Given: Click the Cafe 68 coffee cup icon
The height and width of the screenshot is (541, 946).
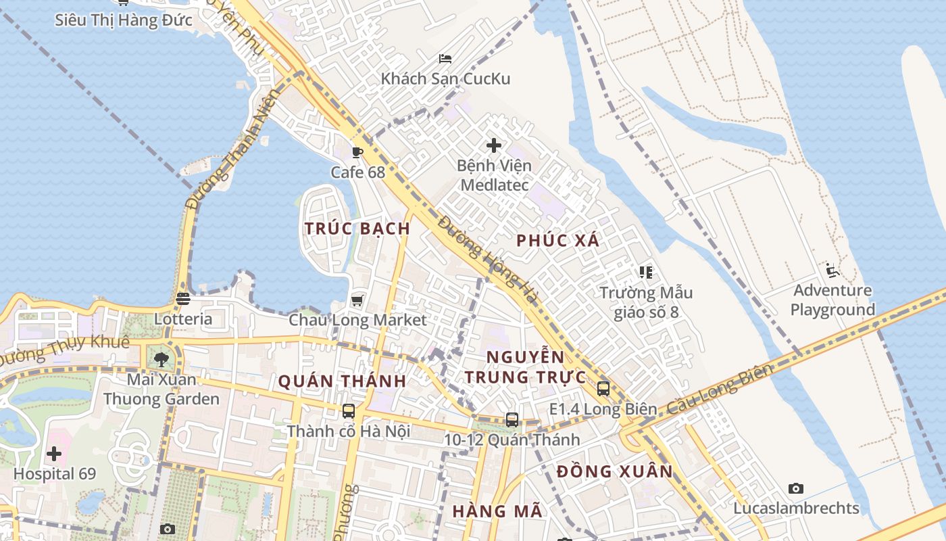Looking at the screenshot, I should point(357,152).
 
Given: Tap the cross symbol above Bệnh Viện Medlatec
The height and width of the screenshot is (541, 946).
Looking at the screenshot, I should point(494,145).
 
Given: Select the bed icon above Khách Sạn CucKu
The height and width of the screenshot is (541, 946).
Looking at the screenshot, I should point(445,59).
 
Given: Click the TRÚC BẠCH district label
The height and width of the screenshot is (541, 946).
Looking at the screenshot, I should point(357,229).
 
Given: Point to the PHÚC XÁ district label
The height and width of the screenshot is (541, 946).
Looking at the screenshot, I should point(558,240).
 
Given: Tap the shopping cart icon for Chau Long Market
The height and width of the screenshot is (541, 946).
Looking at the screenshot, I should point(357,300).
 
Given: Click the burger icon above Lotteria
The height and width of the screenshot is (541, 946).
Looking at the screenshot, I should point(183,298).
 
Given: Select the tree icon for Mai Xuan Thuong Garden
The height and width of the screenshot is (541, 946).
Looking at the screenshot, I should point(161,359).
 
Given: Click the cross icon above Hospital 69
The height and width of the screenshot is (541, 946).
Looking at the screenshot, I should point(54,453).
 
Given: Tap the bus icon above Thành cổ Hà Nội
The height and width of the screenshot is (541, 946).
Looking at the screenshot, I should point(349,410).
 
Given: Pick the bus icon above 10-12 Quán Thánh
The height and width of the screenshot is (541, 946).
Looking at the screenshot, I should point(512,419).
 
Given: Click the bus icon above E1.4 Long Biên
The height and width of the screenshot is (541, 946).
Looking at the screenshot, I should point(603,389).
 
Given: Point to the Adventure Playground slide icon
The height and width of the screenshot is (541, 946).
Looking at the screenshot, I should point(832,270).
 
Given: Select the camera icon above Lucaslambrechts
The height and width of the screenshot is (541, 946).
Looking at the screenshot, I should point(796,488).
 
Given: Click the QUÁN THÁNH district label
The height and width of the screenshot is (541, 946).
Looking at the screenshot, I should point(343,381).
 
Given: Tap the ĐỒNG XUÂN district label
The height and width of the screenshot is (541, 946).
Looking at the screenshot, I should point(615,471).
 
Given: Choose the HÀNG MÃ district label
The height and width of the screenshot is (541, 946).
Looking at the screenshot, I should point(497,511).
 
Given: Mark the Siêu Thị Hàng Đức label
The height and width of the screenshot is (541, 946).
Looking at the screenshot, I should point(124,20).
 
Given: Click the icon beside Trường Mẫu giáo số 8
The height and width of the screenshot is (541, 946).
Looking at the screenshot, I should point(646,272).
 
